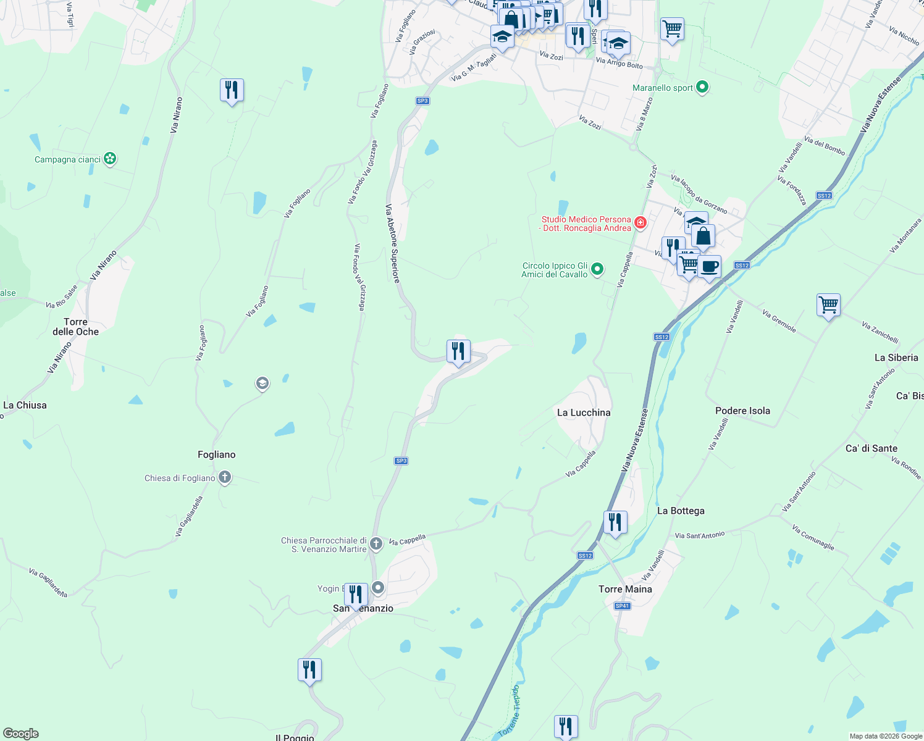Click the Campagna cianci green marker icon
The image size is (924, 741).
click(x=110, y=159)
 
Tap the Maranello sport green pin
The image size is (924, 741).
click(x=702, y=87)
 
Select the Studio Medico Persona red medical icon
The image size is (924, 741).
click(x=640, y=222)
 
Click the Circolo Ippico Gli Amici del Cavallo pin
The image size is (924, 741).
click(x=597, y=269)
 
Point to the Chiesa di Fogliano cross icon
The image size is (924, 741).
click(x=225, y=477)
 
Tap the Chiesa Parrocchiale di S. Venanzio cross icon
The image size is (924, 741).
click(x=376, y=543)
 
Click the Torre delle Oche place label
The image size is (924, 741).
click(x=75, y=327)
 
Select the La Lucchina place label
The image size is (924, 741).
click(x=584, y=412)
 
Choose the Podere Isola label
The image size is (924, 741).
click(x=742, y=411)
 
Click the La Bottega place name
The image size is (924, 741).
click(x=681, y=511)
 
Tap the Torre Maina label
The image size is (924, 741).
click(x=625, y=589)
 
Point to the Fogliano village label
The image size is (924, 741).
click(x=216, y=454)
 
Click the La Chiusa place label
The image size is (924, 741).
click(x=25, y=405)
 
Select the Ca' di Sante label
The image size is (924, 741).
click(x=871, y=448)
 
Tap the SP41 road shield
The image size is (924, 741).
click(x=622, y=606)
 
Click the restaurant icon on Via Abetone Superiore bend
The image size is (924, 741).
click(x=458, y=351)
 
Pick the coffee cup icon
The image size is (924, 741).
click(x=710, y=267)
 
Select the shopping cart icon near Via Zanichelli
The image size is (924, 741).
click(x=828, y=304)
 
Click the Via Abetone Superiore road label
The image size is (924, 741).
click(x=393, y=244)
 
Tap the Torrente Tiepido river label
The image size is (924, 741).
click(x=510, y=711)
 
